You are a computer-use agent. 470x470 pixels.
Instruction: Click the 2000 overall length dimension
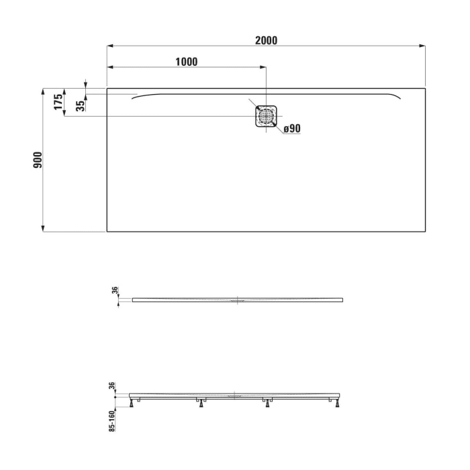point(266,40)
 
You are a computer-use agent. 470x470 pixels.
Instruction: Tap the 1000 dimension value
point(186,62)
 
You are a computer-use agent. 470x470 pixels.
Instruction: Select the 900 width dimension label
point(38,160)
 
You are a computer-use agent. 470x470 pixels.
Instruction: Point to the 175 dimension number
point(58,101)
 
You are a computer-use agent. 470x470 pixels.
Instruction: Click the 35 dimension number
point(81,105)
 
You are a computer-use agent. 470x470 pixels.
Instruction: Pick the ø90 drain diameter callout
point(291,129)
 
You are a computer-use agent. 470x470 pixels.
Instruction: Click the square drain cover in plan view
point(267,115)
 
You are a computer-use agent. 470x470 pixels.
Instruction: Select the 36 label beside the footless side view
point(115,291)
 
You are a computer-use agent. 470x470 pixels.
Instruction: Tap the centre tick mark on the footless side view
point(237,299)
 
